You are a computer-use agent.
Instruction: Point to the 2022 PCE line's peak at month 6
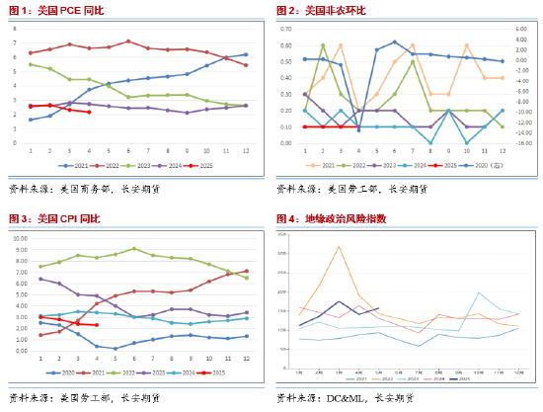[128, 41]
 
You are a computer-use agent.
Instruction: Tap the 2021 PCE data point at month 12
[246, 54]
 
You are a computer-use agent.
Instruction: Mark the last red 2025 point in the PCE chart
[89, 112]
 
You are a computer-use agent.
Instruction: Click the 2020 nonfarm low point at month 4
[358, 129]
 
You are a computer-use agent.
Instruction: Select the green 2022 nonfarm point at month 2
[323, 45]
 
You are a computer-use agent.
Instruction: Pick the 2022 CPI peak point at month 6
[134, 248]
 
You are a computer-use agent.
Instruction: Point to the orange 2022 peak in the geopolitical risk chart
[339, 247]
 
